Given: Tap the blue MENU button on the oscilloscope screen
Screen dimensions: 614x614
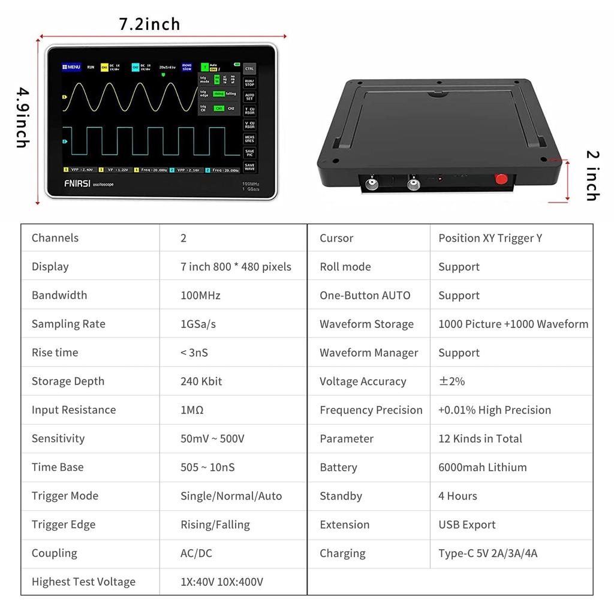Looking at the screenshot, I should click(x=71, y=67).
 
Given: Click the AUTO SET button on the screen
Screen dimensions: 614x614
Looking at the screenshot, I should click(x=249, y=97).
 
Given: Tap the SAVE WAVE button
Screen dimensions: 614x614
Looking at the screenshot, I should click(x=249, y=167).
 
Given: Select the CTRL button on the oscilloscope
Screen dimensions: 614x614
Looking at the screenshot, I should click(x=249, y=68).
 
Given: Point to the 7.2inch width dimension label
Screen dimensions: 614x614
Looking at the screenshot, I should click(x=149, y=24).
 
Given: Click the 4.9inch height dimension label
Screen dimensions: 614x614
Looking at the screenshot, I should click(x=22, y=118).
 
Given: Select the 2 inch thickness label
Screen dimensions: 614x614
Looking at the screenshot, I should click(x=592, y=176).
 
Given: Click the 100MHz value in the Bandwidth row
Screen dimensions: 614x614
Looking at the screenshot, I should click(x=200, y=295).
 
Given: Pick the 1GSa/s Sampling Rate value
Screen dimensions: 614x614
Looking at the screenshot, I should click(x=198, y=324).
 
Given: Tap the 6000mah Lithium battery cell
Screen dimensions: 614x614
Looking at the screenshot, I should click(x=482, y=467).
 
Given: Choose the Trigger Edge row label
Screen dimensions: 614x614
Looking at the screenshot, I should click(x=64, y=525).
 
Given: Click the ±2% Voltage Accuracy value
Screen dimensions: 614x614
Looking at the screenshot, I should click(x=452, y=381).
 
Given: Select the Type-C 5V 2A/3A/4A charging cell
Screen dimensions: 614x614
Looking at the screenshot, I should click(x=487, y=553).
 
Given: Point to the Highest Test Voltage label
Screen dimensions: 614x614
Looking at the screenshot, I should click(x=83, y=582).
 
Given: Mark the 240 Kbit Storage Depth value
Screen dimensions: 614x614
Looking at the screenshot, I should click(x=201, y=381).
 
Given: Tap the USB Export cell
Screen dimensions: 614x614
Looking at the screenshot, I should click(x=466, y=525).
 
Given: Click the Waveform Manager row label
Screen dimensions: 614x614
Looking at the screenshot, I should click(x=369, y=353).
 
